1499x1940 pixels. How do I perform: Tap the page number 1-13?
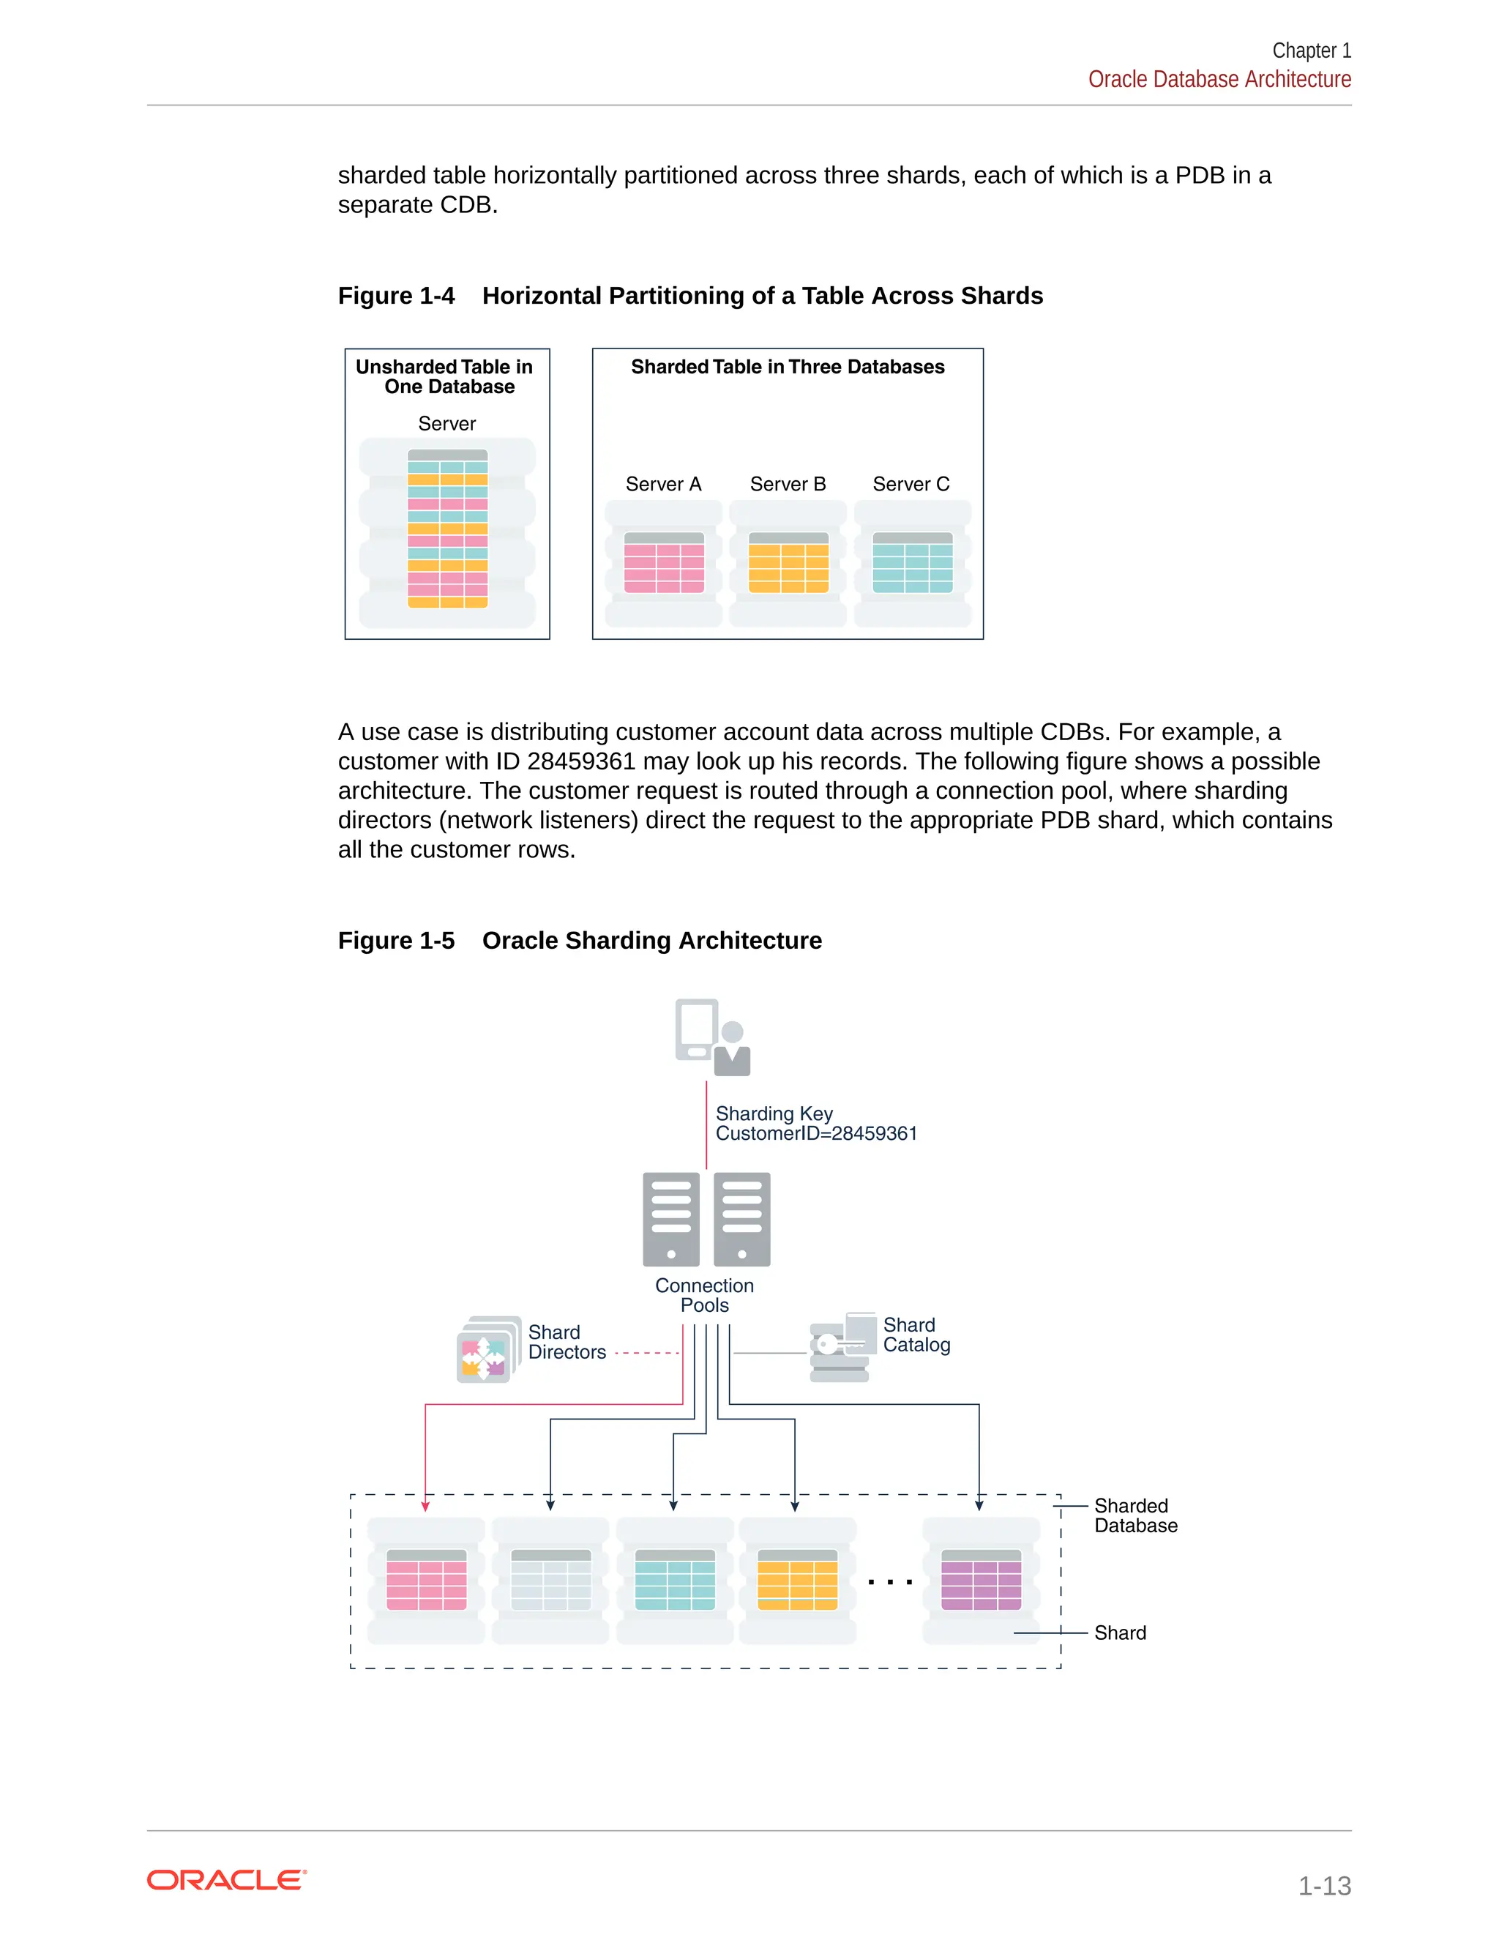pos(1323,1885)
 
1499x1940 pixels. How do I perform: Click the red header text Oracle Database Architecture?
pos(1219,80)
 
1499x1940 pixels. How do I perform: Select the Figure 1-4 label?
pos(396,296)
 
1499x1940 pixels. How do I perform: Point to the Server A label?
pos(663,484)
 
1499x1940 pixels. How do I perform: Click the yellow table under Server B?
pos(788,563)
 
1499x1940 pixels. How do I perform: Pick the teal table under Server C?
pos(912,563)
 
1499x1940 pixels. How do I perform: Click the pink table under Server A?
pos(663,563)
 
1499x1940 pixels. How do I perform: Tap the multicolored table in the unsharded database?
pos(447,529)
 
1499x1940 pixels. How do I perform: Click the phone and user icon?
pos(712,1037)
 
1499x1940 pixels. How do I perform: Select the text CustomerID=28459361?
pos(815,1134)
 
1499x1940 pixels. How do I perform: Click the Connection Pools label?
pos(704,1295)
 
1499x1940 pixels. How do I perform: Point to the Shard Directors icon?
pos(488,1349)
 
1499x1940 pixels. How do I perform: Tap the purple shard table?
pos(980,1581)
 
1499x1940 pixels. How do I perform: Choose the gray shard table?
pos(550,1581)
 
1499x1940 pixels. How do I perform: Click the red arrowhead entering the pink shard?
pos(425,1506)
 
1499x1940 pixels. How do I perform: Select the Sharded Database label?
pos(1135,1515)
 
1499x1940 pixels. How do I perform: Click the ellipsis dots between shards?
pos(890,1582)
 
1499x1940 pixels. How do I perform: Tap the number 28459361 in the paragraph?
pos(580,761)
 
